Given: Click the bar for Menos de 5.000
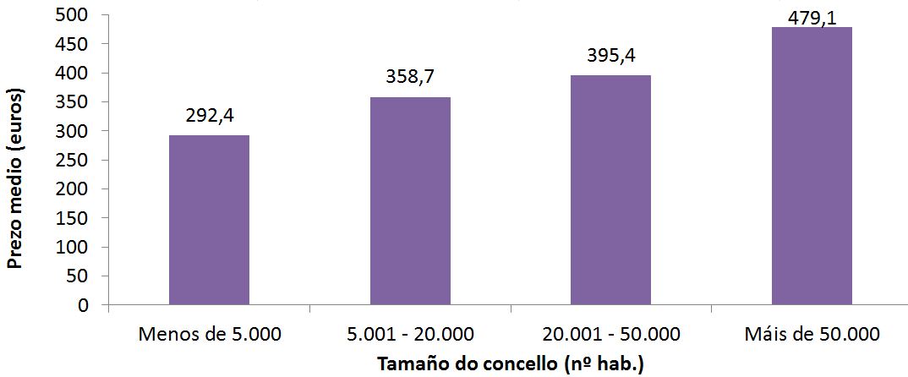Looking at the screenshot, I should (x=209, y=220).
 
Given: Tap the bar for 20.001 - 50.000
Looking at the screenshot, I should (x=610, y=190).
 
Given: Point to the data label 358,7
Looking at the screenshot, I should (x=410, y=79).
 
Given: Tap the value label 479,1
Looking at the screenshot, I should (x=812, y=17).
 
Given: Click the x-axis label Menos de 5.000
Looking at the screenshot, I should (x=209, y=334).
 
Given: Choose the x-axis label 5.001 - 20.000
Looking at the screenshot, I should (x=410, y=334).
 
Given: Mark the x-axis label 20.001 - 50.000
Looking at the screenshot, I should (x=610, y=334).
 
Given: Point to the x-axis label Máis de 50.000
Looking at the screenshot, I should (x=812, y=334).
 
